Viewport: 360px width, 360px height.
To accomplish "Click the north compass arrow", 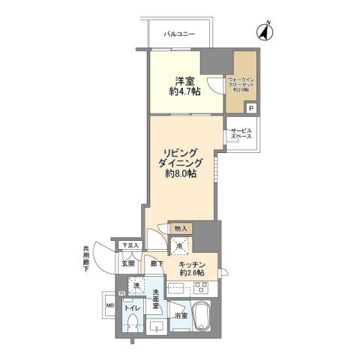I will click(264, 32).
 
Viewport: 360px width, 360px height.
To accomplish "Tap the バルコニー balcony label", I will click(181, 34).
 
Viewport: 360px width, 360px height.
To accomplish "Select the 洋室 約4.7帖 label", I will click(184, 85).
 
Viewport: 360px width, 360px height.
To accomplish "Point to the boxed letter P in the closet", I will click(250, 108).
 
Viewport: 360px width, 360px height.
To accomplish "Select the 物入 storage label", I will click(180, 228).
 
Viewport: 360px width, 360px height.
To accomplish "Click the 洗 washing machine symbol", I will click(136, 286).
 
